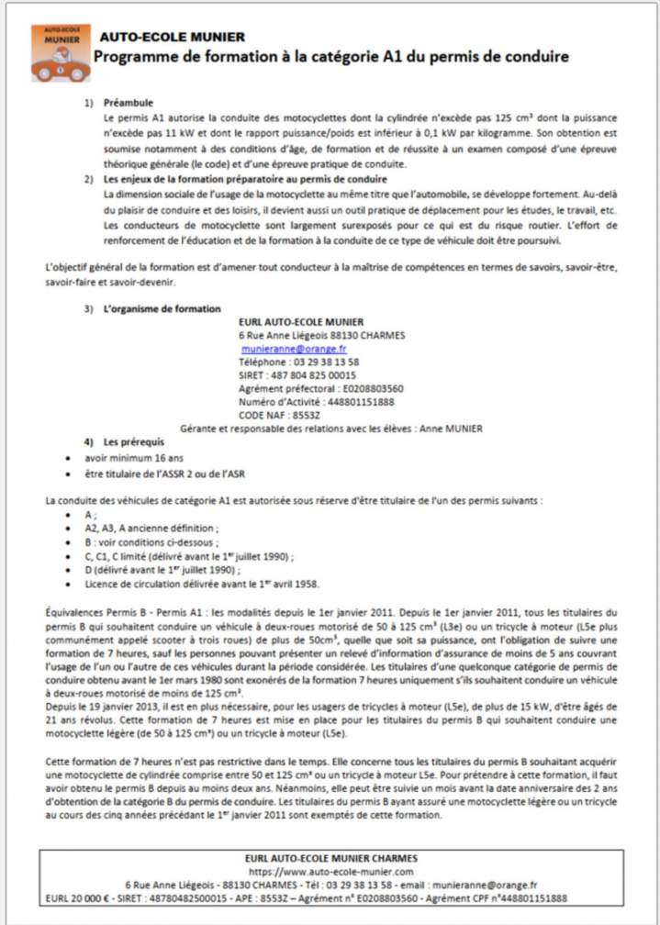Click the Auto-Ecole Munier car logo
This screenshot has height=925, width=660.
pos(60,53)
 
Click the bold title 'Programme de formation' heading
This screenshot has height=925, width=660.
pos(332,57)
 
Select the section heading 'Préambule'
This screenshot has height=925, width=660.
pos(129,103)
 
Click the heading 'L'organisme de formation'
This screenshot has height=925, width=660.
pos(162,308)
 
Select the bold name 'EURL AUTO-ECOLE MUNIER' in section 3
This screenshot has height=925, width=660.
pos(301,322)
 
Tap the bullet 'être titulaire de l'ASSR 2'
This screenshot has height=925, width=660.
pos(165,474)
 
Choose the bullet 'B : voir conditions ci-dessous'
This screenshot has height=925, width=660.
pos(151,542)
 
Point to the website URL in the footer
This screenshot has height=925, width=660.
pos(330,871)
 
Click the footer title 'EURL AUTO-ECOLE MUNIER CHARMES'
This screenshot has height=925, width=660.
pos(330,858)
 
